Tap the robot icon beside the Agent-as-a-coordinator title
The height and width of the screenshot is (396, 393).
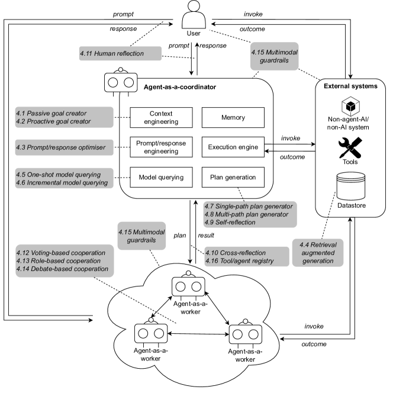(x=121, y=82)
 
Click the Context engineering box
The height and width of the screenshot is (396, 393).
(x=162, y=117)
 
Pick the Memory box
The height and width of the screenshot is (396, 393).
(x=233, y=117)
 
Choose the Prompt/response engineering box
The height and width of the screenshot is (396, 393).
(x=162, y=147)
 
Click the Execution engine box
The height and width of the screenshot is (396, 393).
(x=233, y=147)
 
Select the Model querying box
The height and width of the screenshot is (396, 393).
(x=162, y=176)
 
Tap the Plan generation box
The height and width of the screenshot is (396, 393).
(x=233, y=176)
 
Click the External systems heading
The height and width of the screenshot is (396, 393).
(x=350, y=86)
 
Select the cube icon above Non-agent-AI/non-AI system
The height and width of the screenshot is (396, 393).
(x=350, y=108)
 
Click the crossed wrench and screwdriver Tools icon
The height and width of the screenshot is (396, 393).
(x=350, y=146)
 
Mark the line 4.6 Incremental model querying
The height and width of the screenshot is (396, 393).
(x=62, y=183)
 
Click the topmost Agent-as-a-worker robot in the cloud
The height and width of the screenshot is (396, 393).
(x=188, y=286)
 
